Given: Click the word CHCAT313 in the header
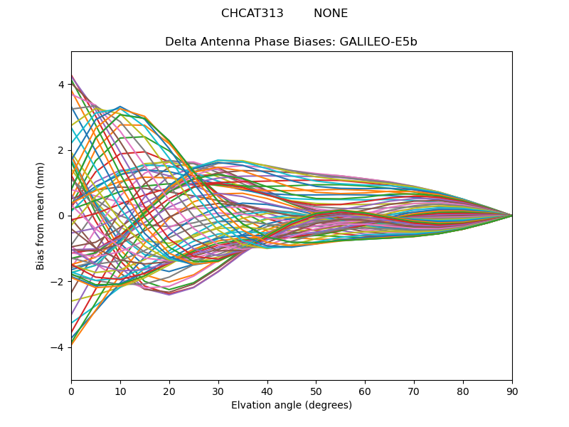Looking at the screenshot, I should coord(252,14).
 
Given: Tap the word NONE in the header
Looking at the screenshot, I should coord(331,14).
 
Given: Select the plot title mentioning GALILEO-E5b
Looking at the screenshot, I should coord(291,42).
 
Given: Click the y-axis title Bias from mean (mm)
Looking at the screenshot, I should coord(41,216).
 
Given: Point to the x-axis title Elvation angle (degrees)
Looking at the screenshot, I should coord(291,406).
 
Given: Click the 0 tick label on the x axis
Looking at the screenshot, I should coord(71,391).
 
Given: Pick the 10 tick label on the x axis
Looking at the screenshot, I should coord(120,391).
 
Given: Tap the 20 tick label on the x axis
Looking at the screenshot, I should coord(169,391).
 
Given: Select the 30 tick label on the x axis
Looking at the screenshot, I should coord(218,391).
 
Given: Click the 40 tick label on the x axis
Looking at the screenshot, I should coord(267,391).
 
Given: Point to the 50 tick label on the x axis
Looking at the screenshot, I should coord(316,391).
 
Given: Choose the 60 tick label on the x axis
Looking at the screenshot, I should coord(365,391).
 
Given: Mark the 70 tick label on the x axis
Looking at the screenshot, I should coord(414,391).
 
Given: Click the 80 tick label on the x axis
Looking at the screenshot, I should coord(463,391).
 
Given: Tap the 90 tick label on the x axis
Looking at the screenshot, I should coord(512,391).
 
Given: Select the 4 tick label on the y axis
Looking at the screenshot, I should coord(61,85).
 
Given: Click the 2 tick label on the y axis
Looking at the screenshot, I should coord(61,150).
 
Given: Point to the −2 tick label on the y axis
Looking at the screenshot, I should coord(58,281).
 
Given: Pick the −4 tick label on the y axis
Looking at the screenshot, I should coord(58,347).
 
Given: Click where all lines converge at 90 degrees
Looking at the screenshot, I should coord(511,216).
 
